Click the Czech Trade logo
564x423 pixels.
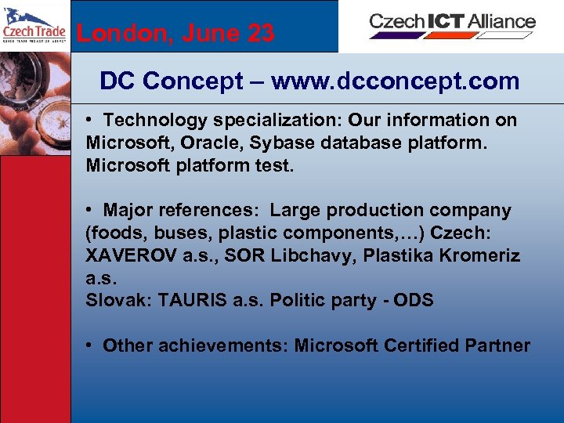click(34, 26)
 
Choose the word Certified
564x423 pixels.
click(420, 345)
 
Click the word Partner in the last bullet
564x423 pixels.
click(498, 345)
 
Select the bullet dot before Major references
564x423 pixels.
click(91, 210)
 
